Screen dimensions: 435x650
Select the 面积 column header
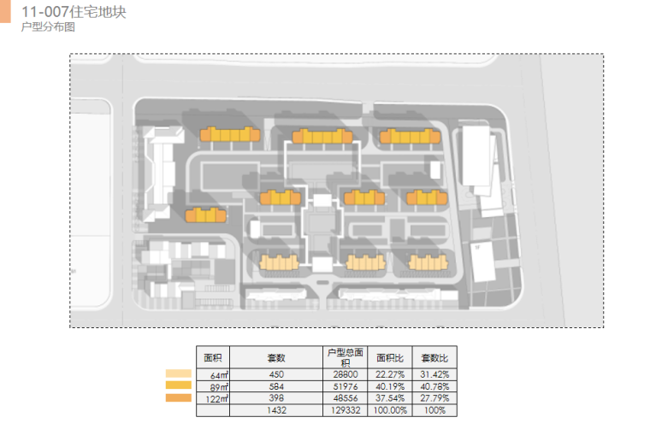click(213, 357)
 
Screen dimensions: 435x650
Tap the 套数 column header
click(275, 357)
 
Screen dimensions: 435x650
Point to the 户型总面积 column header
click(346, 357)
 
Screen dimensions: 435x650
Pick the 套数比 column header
click(434, 357)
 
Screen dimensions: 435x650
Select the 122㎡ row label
click(218, 399)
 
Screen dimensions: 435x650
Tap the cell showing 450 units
click(275, 375)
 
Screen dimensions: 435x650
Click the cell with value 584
click(275, 387)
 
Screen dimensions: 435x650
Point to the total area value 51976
click(346, 387)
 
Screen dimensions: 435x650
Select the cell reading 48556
click(346, 399)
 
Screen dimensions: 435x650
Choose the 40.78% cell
click(434, 387)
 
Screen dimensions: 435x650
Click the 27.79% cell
click(434, 399)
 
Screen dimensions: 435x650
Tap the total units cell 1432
click(275, 411)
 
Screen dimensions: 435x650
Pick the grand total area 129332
click(346, 411)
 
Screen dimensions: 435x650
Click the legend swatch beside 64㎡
click(178, 373)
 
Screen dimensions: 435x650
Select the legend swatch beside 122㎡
click(178, 397)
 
